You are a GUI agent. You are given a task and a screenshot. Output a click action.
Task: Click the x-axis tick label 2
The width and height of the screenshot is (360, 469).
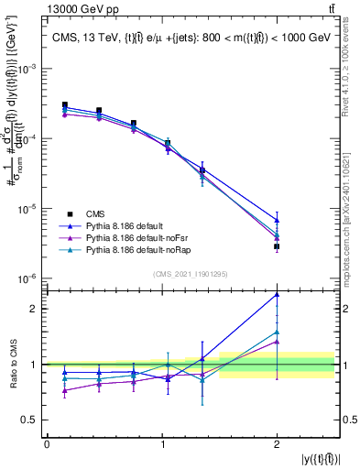click(x=277, y=444)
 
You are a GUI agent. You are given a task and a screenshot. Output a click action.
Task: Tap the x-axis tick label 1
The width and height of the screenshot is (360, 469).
click(x=161, y=444)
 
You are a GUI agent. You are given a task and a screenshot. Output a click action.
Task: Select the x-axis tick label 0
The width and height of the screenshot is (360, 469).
click(x=47, y=444)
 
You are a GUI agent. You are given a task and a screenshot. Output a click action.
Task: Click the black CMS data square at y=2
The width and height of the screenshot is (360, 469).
click(x=277, y=246)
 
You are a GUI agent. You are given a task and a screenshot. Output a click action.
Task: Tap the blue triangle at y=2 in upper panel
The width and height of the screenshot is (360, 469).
click(x=277, y=220)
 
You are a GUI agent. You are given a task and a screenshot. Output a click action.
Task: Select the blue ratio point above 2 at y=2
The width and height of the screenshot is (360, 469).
click(x=277, y=295)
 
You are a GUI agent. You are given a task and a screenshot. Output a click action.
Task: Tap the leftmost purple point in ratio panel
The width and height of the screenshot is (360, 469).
click(x=64, y=390)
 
